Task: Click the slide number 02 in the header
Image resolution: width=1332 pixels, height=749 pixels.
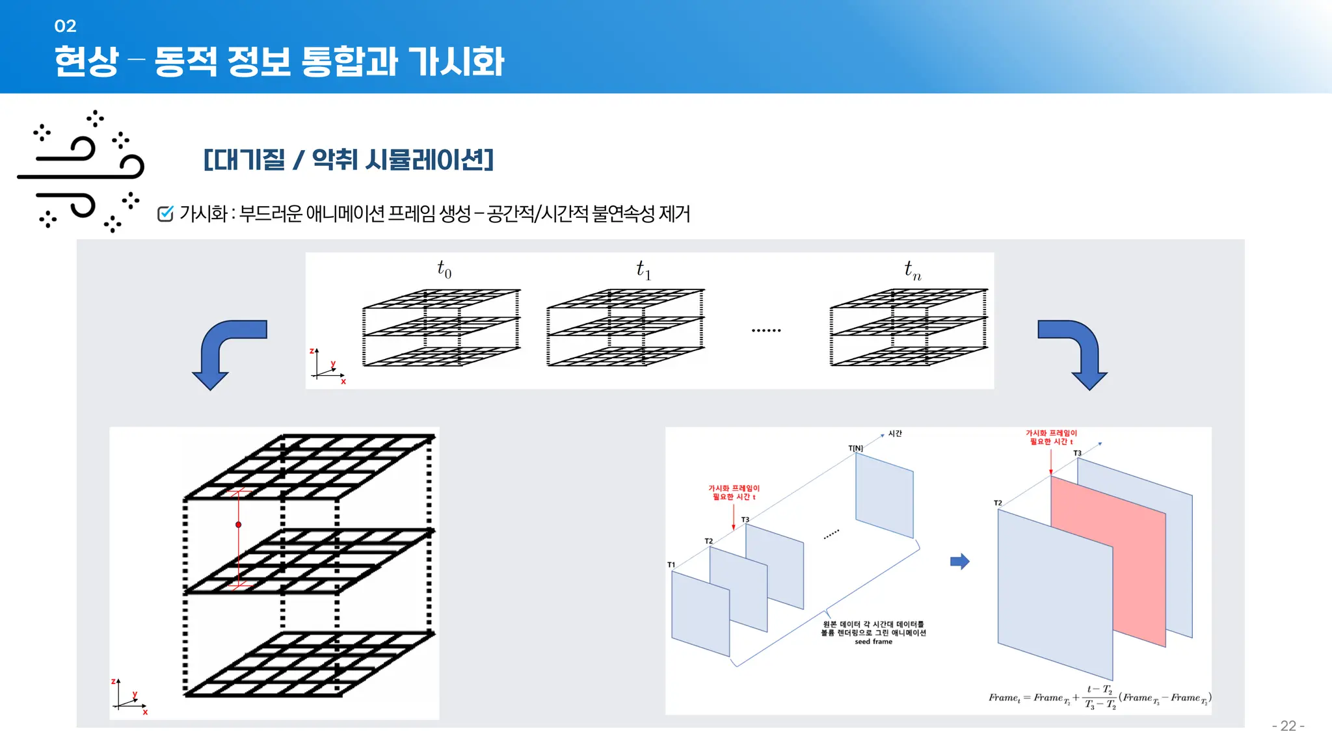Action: [x=65, y=26]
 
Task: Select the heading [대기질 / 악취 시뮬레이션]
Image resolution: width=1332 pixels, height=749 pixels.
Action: [x=349, y=159]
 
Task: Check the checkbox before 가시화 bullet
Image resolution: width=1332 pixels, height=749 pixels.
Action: [x=165, y=213]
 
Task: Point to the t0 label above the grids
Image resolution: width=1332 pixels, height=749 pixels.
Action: [x=444, y=269]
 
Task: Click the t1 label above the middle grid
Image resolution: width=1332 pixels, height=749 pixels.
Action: [x=643, y=269]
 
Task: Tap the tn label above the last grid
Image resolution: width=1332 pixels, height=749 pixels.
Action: [x=912, y=269]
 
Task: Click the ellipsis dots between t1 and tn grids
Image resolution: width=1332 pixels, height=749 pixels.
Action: [x=766, y=330]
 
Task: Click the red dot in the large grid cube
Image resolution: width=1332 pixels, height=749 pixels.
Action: [x=239, y=524]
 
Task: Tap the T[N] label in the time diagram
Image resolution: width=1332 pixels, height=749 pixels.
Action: [x=855, y=448]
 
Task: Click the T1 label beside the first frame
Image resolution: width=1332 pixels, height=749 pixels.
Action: [x=671, y=564]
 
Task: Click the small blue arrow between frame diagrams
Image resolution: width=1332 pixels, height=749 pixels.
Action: [x=959, y=562]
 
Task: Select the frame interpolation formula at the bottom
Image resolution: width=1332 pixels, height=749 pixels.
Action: [x=1099, y=697]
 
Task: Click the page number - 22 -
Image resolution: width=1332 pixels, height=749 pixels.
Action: [x=1288, y=726]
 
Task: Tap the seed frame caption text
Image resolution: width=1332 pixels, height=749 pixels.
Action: [x=873, y=633]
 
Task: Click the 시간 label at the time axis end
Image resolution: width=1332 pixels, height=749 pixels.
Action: [x=895, y=434]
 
